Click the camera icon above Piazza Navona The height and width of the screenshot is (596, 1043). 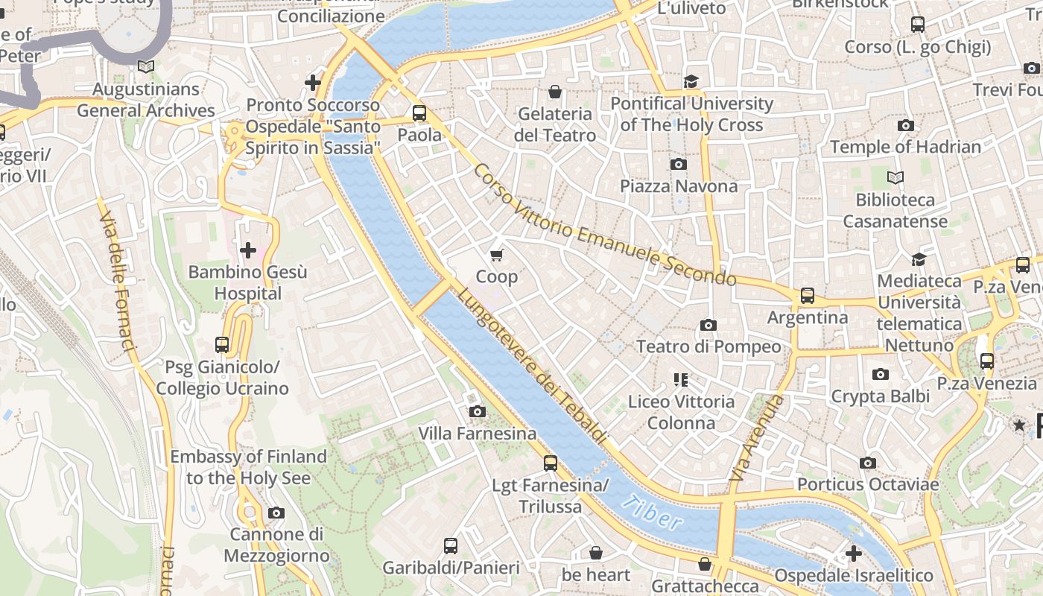(678, 164)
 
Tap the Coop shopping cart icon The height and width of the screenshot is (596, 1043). (497, 255)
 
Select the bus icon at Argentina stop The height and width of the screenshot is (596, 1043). (808, 296)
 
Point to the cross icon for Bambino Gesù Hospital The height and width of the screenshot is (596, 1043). (248, 250)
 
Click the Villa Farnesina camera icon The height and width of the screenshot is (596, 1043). (477, 412)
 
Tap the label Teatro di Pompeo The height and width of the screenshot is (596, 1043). (708, 346)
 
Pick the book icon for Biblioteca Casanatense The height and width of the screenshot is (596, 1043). (895, 177)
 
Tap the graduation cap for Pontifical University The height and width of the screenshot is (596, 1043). (691, 81)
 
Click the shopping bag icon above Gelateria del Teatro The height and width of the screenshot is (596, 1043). (554, 92)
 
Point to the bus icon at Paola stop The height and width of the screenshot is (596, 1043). (419, 113)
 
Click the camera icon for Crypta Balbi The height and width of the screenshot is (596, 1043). (881, 375)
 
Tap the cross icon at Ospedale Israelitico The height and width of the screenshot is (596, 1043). (854, 554)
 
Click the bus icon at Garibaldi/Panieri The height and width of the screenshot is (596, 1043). (451, 545)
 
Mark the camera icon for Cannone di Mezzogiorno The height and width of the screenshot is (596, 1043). (276, 513)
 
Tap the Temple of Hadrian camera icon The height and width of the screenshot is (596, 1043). (905, 125)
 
